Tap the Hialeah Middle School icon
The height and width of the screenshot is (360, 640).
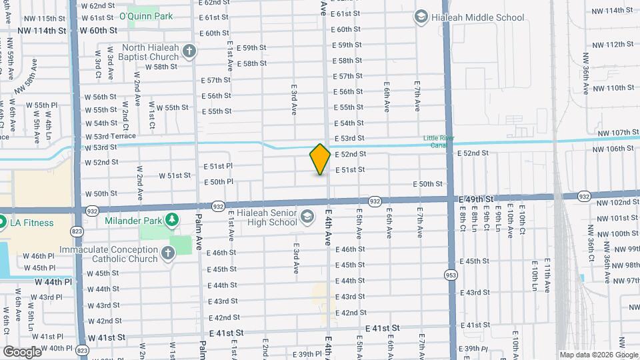click(421, 16)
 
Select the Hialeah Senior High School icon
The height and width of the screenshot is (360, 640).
click(307, 216)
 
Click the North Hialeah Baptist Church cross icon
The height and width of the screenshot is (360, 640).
click(189, 51)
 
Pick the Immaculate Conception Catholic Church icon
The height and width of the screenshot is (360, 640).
click(167, 253)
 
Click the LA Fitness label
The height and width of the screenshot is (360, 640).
click(31, 223)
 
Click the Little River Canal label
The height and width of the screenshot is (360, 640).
click(438, 141)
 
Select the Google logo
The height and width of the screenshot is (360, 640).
click(22, 351)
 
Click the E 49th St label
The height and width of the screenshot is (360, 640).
click(476, 199)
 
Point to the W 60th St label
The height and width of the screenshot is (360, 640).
click(98, 31)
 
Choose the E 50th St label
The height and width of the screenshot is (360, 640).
click(428, 184)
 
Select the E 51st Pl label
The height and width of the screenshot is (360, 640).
click(218, 165)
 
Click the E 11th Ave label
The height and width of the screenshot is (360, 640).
click(547, 277)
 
